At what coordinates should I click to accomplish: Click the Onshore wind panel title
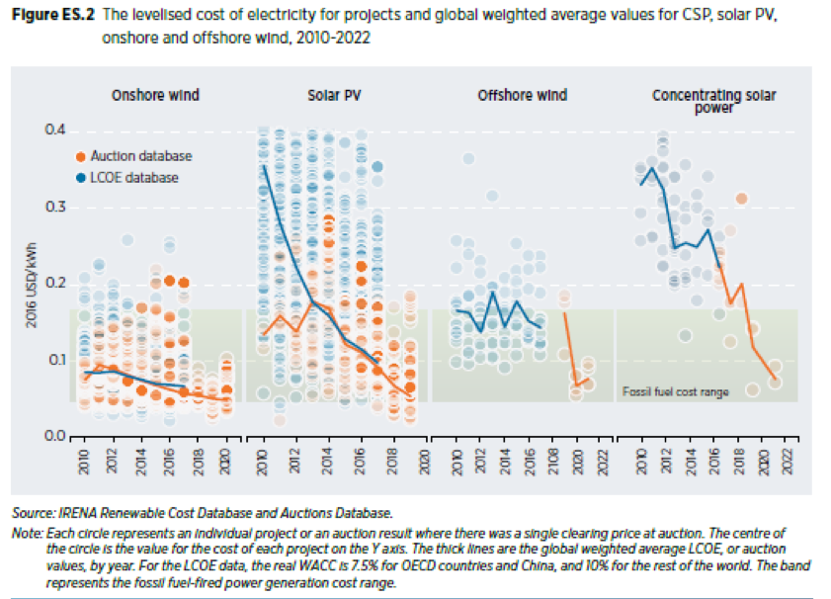[155, 96]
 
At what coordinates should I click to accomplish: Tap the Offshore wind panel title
[522, 96]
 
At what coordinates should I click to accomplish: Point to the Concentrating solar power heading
[713, 101]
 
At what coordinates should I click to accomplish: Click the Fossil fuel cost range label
[676, 392]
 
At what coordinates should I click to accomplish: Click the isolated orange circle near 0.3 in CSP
[741, 200]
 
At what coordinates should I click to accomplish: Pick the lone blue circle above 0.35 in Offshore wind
[468, 159]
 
